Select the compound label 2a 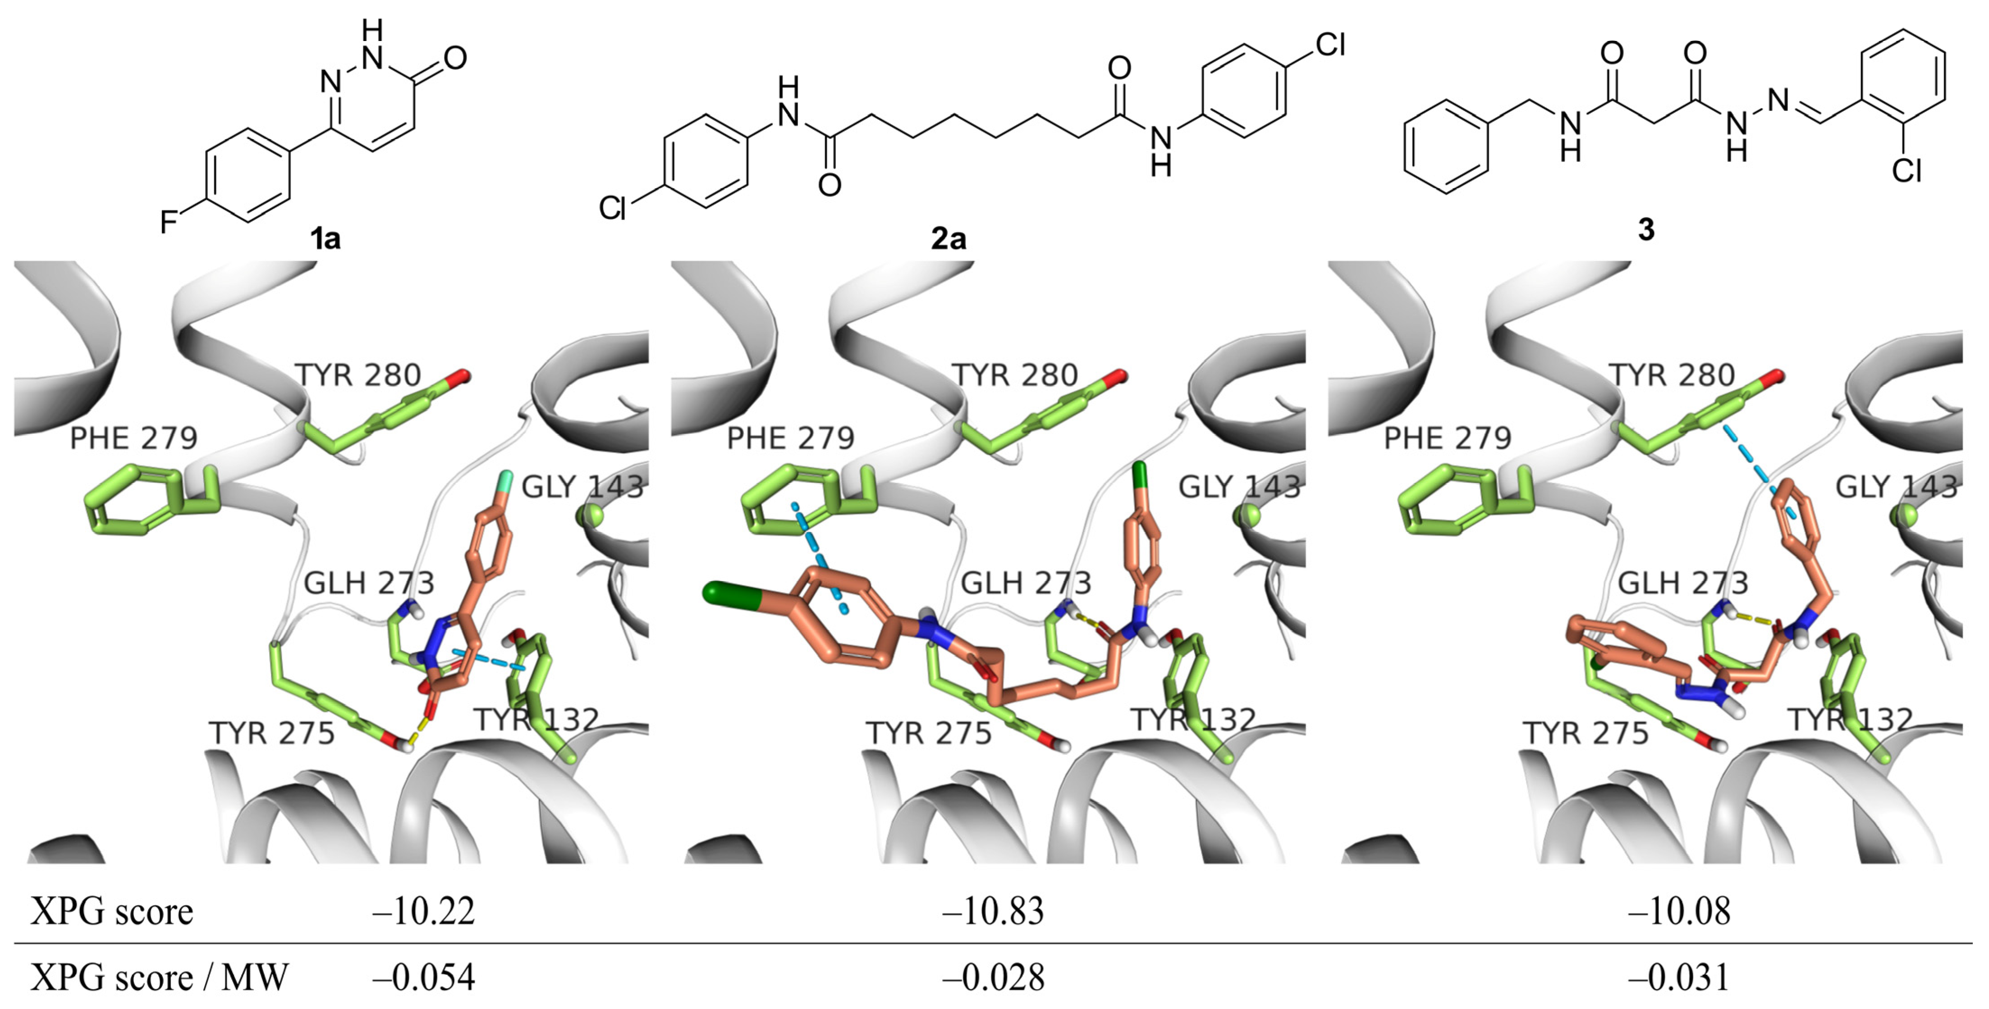click(948, 238)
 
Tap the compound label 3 click(1645, 229)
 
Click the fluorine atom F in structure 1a click(168, 222)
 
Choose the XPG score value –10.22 click(423, 912)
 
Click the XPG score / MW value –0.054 click(423, 978)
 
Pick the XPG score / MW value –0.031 click(1678, 978)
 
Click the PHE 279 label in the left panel click(133, 438)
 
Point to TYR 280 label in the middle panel click(1015, 375)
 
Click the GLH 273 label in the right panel click(1683, 583)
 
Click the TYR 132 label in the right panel click(1851, 720)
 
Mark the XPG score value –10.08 click(1678, 912)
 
